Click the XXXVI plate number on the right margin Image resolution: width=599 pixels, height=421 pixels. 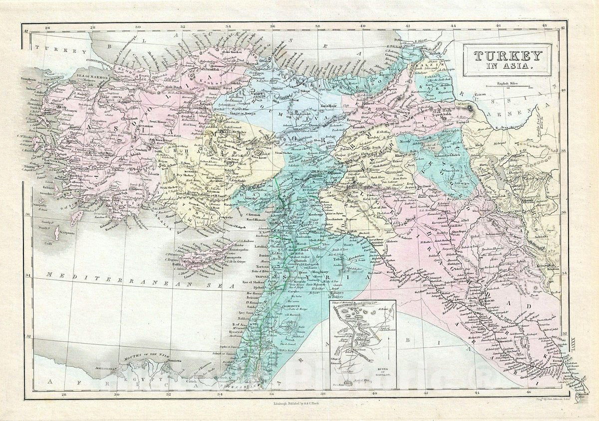coord(572,344)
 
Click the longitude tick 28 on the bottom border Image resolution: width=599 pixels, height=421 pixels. coord(63,395)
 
